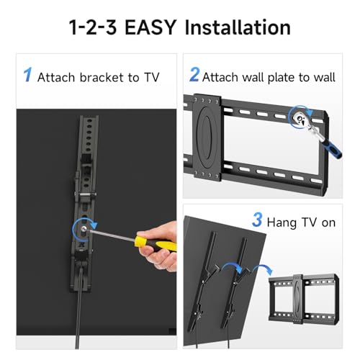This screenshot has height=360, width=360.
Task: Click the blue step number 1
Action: [27, 74]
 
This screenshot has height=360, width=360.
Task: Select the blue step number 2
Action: [194, 74]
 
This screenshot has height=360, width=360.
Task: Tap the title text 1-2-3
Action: [96, 28]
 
